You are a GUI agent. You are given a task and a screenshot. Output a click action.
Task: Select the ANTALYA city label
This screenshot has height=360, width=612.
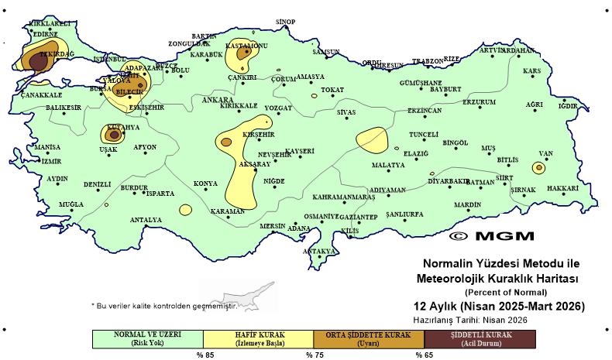point(146,220)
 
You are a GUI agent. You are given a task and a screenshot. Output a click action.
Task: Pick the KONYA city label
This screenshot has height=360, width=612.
point(205,183)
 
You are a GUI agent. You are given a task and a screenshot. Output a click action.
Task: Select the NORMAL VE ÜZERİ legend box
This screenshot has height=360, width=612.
point(147,338)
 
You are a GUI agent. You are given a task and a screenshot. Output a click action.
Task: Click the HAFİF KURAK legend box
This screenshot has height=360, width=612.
point(258,338)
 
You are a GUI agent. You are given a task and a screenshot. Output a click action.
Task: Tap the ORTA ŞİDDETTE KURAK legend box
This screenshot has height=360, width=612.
point(369,338)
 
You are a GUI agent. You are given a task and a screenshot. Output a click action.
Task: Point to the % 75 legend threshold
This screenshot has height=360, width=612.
point(314,355)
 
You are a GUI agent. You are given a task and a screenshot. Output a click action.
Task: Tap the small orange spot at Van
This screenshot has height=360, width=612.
point(538,167)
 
